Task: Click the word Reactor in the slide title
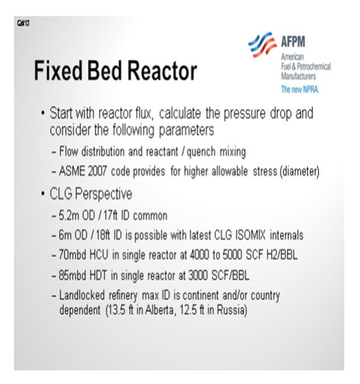[162, 70]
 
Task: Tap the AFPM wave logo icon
[262, 44]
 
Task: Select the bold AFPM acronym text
[293, 42]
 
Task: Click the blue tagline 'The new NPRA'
[300, 89]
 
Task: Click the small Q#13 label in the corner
[23, 23]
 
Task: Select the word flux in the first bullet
[145, 113]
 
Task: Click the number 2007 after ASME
[97, 171]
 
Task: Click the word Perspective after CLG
[103, 194]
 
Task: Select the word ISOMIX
[250, 235]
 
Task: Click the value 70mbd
[72, 255]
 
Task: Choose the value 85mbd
[72, 275]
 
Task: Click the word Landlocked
[82, 295]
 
